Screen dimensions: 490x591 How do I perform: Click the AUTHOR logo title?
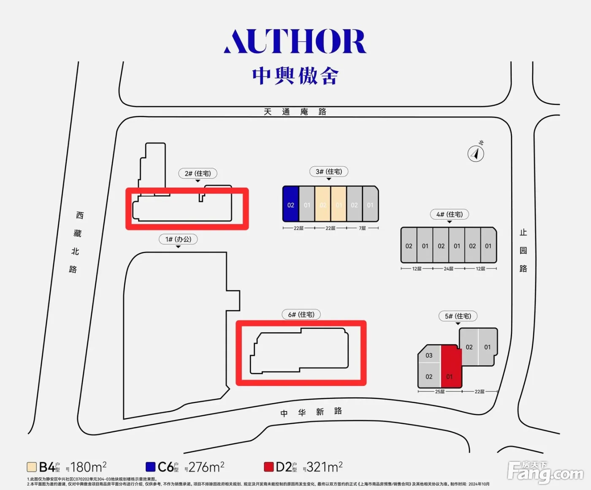pyautogui.click(x=295, y=41)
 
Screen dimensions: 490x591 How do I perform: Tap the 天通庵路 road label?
pyautogui.click(x=295, y=112)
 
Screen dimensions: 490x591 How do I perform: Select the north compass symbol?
pyautogui.click(x=476, y=153)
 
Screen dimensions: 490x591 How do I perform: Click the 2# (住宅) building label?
pyautogui.click(x=198, y=173)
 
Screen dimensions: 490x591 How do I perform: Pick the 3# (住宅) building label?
pyautogui.click(x=329, y=172)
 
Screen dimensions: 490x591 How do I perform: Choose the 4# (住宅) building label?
pyautogui.click(x=450, y=214)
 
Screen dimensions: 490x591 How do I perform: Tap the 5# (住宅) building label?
pyautogui.click(x=458, y=316)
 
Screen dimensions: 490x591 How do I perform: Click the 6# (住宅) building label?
pyautogui.click(x=301, y=315)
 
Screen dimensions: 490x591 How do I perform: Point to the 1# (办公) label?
pyautogui.click(x=178, y=239)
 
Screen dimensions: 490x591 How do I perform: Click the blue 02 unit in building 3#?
pyautogui.click(x=291, y=205)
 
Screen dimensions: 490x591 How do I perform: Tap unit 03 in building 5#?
pyautogui.click(x=429, y=355)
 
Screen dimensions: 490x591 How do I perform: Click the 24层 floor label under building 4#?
pyautogui.click(x=448, y=269)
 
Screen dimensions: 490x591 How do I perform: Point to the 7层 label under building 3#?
pyautogui.click(x=362, y=228)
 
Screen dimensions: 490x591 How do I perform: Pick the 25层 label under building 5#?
pyautogui.click(x=440, y=392)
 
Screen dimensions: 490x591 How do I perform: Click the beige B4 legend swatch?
pyautogui.click(x=32, y=467)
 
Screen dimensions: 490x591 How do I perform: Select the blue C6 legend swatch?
pyautogui.click(x=151, y=467)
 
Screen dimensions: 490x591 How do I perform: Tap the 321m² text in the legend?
pyautogui.click(x=324, y=467)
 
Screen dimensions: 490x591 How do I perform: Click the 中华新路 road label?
pyautogui.click(x=311, y=412)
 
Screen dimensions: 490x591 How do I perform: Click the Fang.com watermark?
pyautogui.click(x=545, y=473)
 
